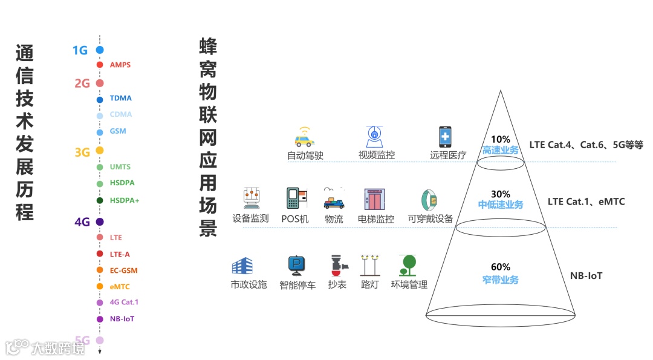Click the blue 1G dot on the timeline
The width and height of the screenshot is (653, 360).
[x=100, y=50]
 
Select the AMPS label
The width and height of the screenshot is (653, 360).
[x=120, y=65]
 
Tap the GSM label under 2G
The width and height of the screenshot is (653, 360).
[x=118, y=131]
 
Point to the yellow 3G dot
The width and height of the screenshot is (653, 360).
[x=100, y=150]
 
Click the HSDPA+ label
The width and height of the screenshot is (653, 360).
[x=124, y=200]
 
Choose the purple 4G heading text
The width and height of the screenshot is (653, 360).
[x=82, y=222]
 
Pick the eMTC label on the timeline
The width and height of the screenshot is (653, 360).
[x=120, y=287]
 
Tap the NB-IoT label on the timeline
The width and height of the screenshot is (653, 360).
[x=122, y=319]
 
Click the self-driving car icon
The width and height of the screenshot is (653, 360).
[x=304, y=137]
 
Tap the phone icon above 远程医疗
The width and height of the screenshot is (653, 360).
[x=446, y=137]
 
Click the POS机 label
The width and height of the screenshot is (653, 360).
[x=295, y=219]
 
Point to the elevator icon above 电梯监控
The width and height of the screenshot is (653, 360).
[x=374, y=199]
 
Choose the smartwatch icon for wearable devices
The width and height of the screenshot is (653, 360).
[x=429, y=200]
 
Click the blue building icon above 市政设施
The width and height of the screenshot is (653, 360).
[x=242, y=266]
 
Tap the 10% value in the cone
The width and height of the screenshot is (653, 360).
[x=500, y=139]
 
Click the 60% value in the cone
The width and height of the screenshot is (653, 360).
[x=500, y=267]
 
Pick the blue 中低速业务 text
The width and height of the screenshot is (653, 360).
[x=500, y=205]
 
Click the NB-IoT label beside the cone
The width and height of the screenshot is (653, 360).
[x=586, y=276]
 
